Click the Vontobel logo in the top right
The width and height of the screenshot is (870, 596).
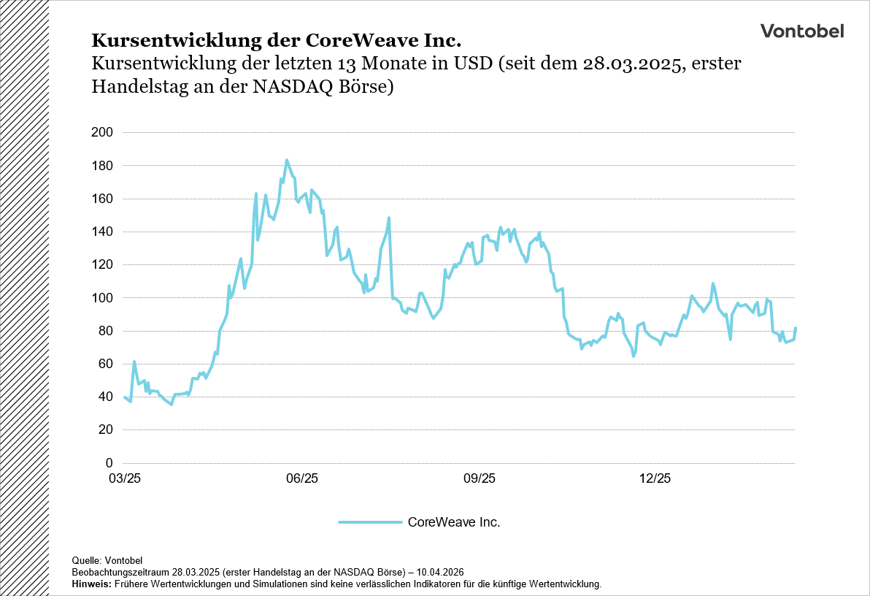801,31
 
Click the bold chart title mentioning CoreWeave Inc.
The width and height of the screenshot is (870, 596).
276,39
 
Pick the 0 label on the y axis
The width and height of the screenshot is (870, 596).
110,463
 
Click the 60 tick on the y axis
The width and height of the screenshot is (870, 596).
107,364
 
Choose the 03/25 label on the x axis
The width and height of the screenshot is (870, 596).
125,479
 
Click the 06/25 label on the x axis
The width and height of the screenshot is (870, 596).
302,479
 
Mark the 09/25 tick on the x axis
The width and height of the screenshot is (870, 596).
479,479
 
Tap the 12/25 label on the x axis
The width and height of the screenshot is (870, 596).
655,479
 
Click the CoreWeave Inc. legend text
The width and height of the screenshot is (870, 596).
453,522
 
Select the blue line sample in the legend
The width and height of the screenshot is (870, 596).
370,522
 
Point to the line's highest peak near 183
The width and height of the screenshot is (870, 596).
287,160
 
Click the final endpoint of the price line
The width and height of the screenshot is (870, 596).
796,328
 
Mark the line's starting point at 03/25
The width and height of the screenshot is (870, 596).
125,397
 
